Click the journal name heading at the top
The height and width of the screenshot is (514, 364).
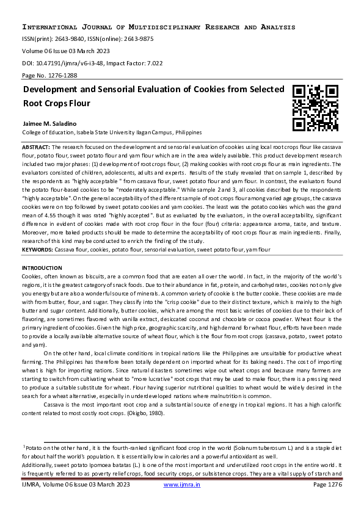coord(159,27)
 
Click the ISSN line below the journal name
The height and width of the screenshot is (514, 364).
coord(87,38)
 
